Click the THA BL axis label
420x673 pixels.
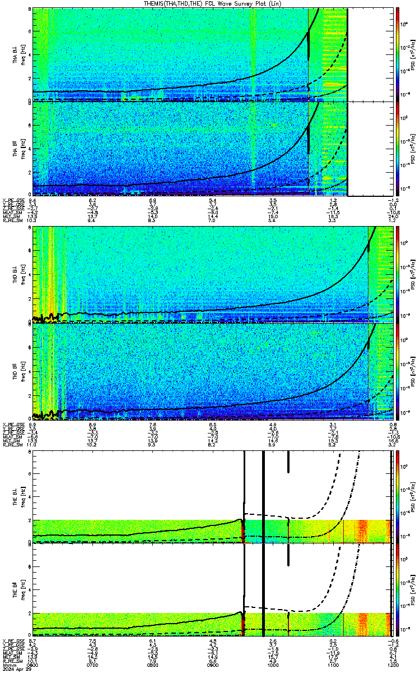point(16,54)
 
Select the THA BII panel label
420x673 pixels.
point(16,149)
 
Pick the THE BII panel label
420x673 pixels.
point(16,591)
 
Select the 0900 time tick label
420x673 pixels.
point(213,665)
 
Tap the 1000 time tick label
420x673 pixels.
point(273,665)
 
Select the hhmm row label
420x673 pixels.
point(8,665)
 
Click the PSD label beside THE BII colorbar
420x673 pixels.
point(412,591)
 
